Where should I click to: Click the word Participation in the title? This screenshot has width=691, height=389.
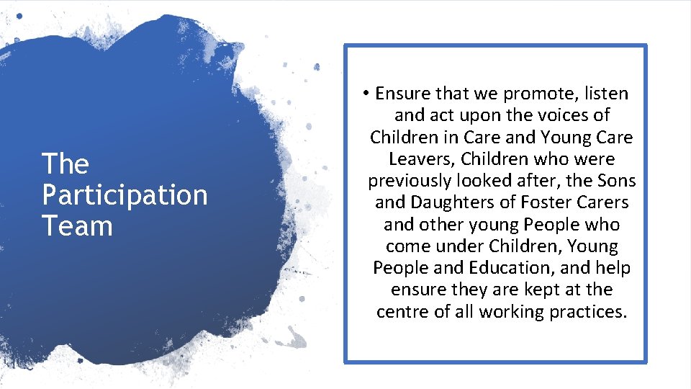tap(125, 195)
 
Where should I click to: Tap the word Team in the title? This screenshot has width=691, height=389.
tap(77, 226)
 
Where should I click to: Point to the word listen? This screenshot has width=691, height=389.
tap(605, 94)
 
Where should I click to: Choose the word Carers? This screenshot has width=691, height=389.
tap(605, 202)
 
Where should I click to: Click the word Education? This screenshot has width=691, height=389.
tap(510, 268)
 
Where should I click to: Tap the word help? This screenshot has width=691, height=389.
tap(613, 268)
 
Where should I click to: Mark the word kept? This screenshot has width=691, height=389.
tap(534, 290)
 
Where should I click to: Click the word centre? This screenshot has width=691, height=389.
tap(402, 312)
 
